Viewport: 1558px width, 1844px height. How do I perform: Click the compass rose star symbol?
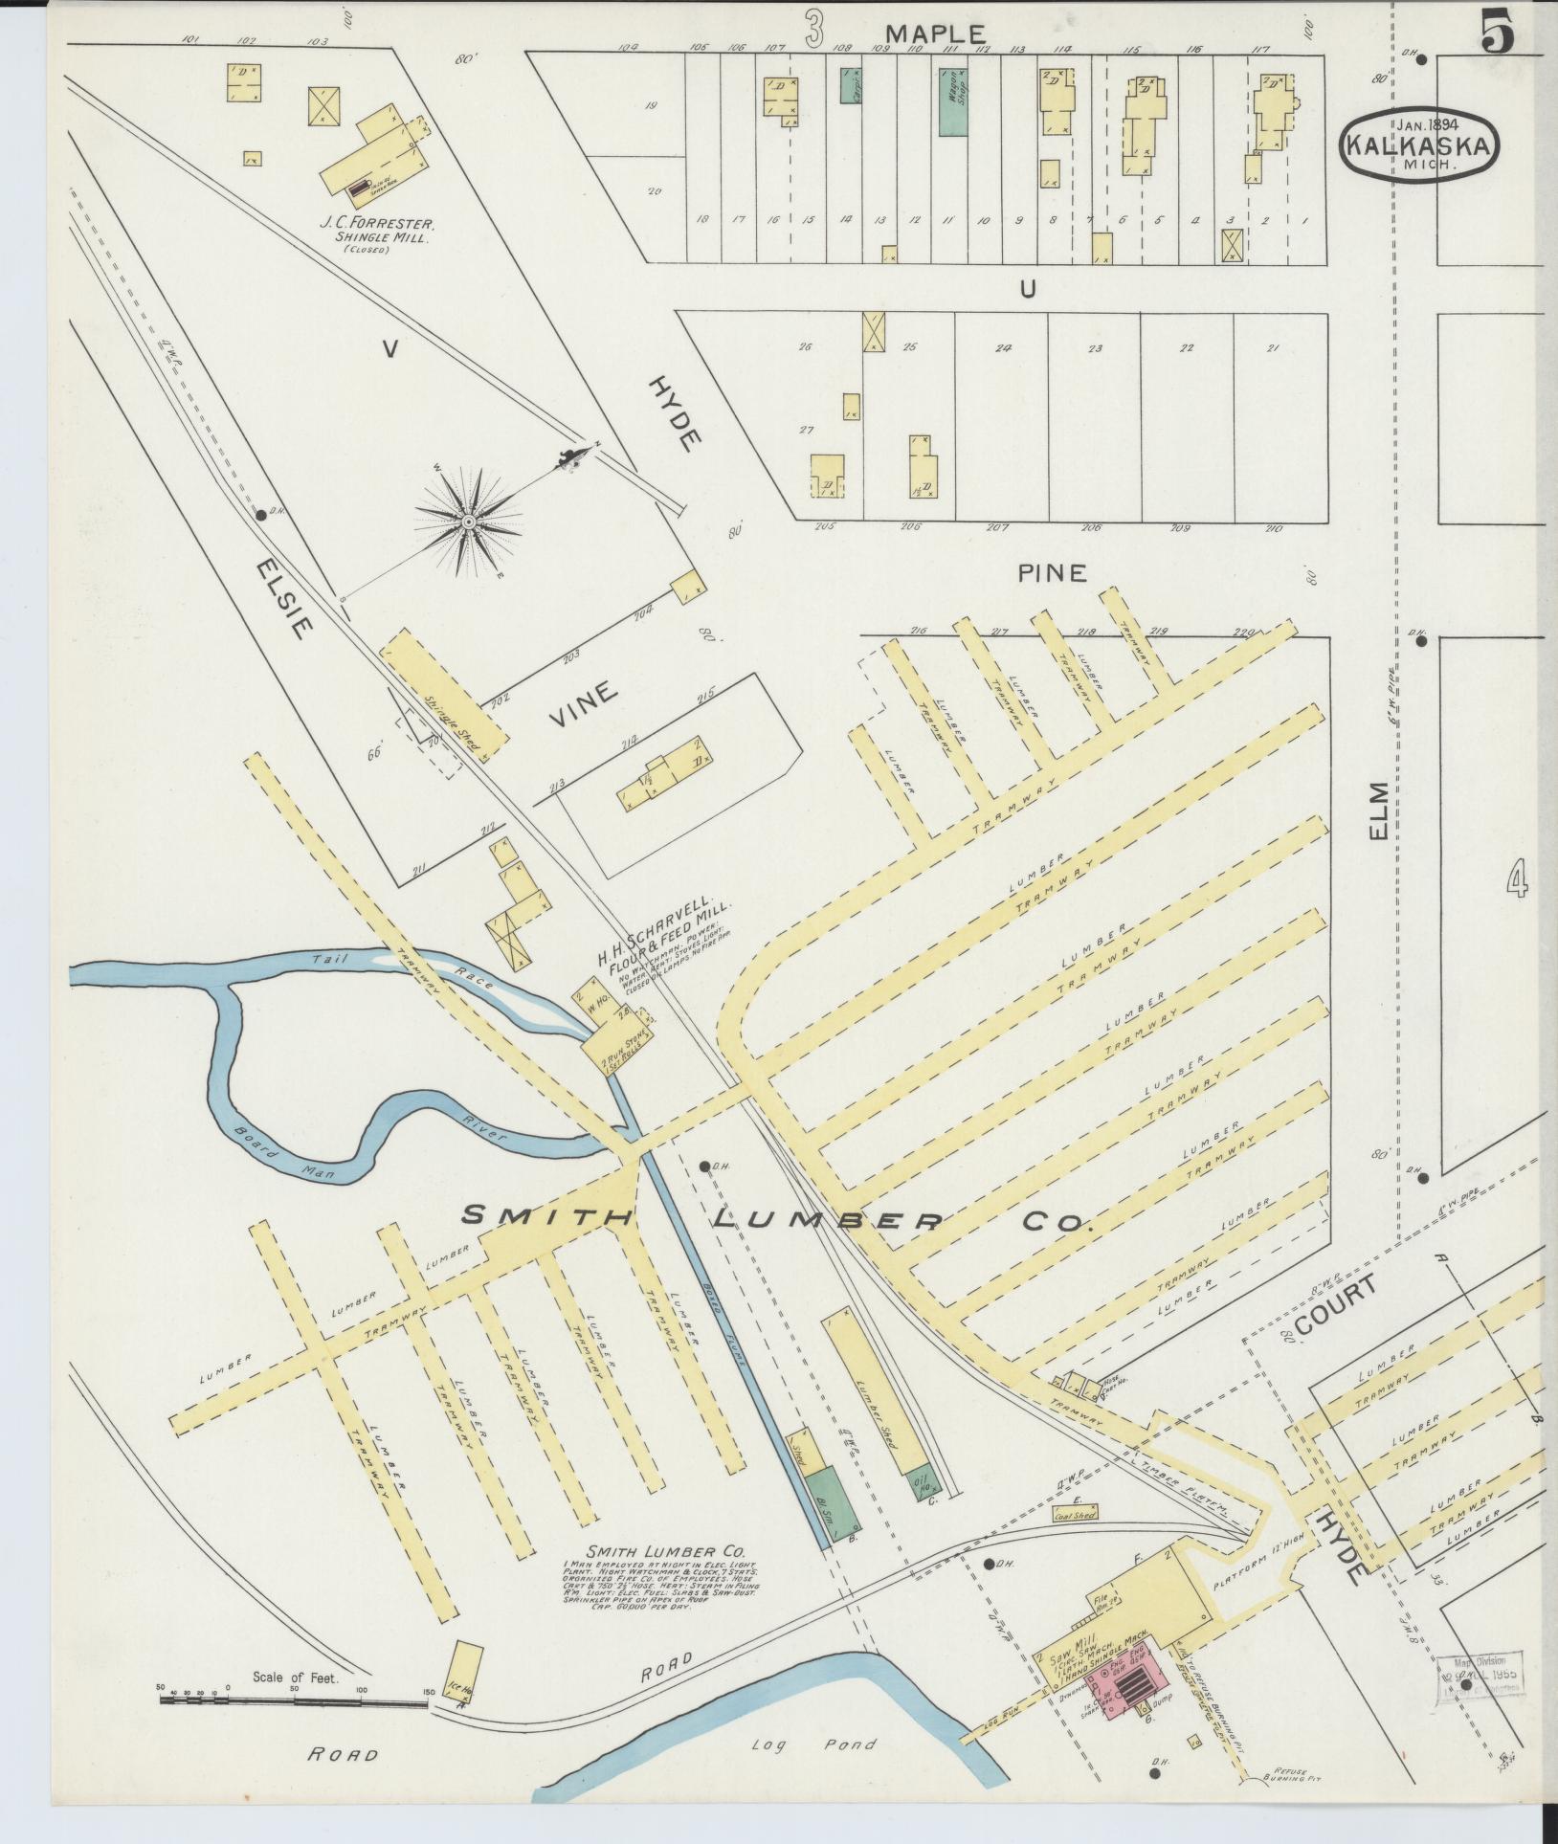(469, 522)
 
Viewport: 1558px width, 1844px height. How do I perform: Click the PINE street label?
(1052, 573)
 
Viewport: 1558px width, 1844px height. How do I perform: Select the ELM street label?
(1378, 811)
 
